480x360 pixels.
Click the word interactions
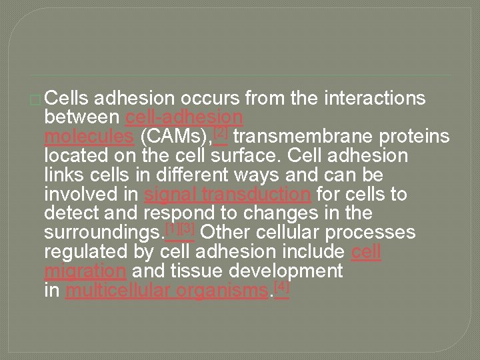point(375,99)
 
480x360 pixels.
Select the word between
point(83,118)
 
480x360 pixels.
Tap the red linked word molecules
point(88,137)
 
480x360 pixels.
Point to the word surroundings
point(103,233)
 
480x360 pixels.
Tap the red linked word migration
point(85,272)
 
